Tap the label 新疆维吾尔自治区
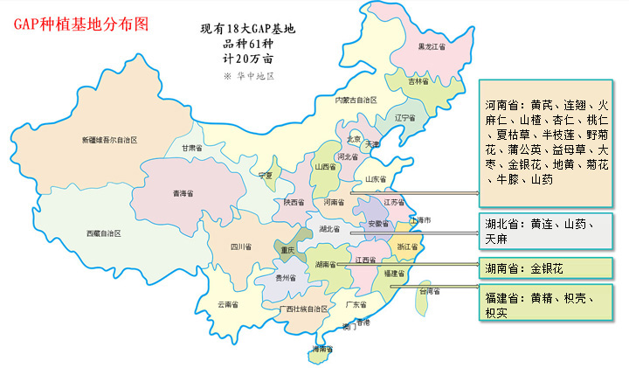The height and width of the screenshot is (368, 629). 109,140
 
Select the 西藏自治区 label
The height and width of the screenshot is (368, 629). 103,233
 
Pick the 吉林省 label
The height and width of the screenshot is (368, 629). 419,81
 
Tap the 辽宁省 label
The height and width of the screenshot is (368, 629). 404,117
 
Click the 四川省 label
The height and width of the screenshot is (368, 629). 241,247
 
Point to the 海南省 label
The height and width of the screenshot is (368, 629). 321,349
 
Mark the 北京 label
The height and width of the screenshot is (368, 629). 354,138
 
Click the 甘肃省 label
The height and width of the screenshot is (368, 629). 192,149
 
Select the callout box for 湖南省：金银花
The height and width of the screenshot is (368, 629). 543,267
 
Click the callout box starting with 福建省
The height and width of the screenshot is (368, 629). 543,304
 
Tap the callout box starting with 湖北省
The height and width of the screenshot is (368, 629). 543,231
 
